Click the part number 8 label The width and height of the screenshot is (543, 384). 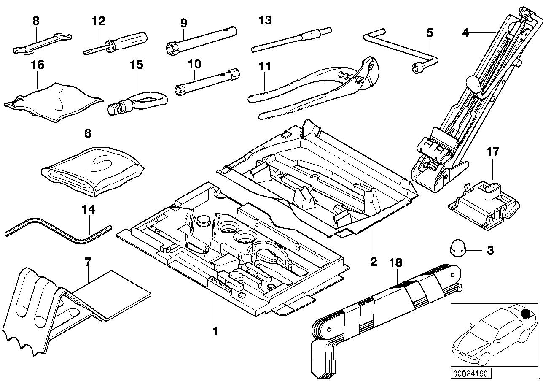pos(36,21)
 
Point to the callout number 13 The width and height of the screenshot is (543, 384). pos(266,21)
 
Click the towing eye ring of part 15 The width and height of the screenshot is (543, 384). pos(152,100)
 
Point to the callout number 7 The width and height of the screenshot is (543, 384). pos(88,262)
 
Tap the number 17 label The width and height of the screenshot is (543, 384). pos(492,151)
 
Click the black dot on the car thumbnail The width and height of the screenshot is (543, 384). pos(525,314)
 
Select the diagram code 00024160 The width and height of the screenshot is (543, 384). pos(470,373)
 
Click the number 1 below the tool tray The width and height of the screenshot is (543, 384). pos(215,332)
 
